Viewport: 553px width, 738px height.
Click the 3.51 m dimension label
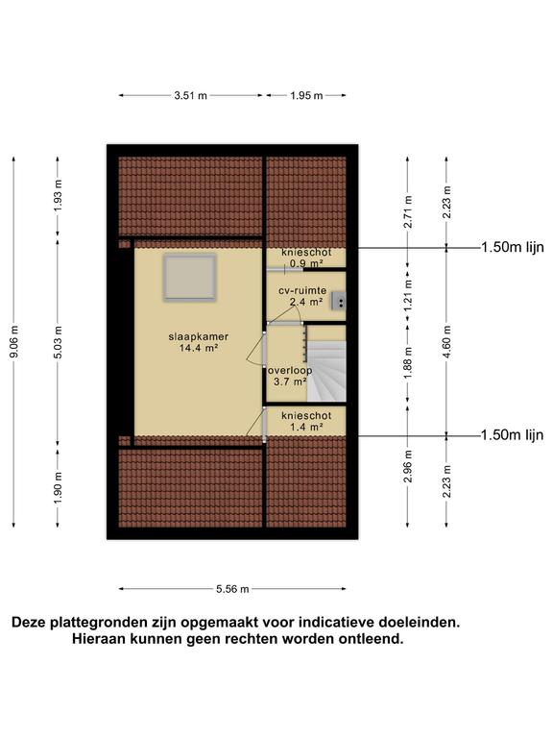[191, 95]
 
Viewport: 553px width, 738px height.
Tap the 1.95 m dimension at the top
[305, 95]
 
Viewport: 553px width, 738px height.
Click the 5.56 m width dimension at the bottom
[231, 589]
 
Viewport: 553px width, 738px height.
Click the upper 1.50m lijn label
[512, 247]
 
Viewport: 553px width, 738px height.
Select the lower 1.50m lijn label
[512, 435]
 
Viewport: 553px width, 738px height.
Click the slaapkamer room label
[198, 336]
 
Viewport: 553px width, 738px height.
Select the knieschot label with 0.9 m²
[306, 253]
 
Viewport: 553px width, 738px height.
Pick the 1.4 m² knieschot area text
[306, 427]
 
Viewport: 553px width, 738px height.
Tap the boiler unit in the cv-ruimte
[339, 301]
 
